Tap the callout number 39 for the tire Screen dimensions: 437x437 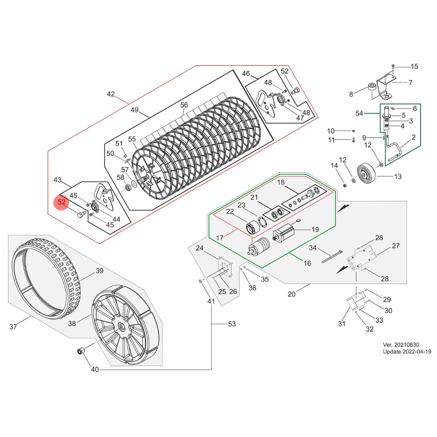click(x=99, y=271)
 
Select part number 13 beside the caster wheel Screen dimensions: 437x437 click(x=398, y=177)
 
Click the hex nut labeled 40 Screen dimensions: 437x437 click(x=80, y=351)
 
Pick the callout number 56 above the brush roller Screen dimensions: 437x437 click(x=184, y=105)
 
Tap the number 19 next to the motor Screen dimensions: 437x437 click(x=315, y=229)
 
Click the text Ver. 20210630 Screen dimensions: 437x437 click(x=401, y=345)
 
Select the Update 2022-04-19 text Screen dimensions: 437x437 click(x=407, y=352)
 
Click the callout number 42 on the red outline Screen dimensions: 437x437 click(x=111, y=94)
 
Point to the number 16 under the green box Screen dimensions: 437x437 click(x=307, y=263)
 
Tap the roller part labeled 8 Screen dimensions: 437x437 click(x=371, y=87)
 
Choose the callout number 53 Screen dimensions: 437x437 click(x=232, y=324)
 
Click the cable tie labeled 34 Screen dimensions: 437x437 click(x=332, y=256)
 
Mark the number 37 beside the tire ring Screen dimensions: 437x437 click(x=13, y=327)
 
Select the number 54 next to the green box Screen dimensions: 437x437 click(x=359, y=114)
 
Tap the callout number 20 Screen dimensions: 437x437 click(x=291, y=294)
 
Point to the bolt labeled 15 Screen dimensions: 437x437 click(x=394, y=66)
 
